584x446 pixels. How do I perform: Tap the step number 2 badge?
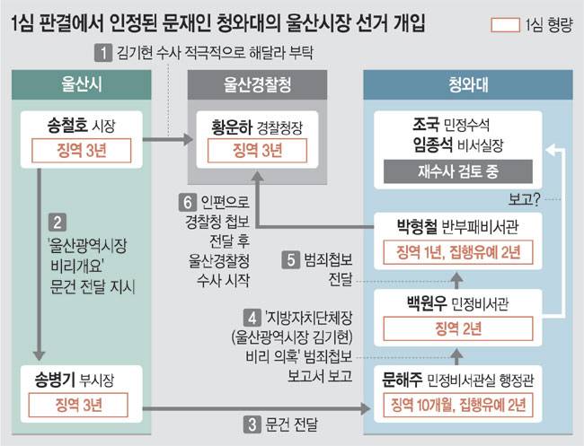tap(56, 221)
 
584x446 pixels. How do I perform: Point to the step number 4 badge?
tap(254, 316)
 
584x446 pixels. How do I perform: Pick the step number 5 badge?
tap(289, 261)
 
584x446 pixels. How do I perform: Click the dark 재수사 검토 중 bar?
tap(457, 171)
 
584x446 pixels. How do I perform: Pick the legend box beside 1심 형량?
tap(506, 24)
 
